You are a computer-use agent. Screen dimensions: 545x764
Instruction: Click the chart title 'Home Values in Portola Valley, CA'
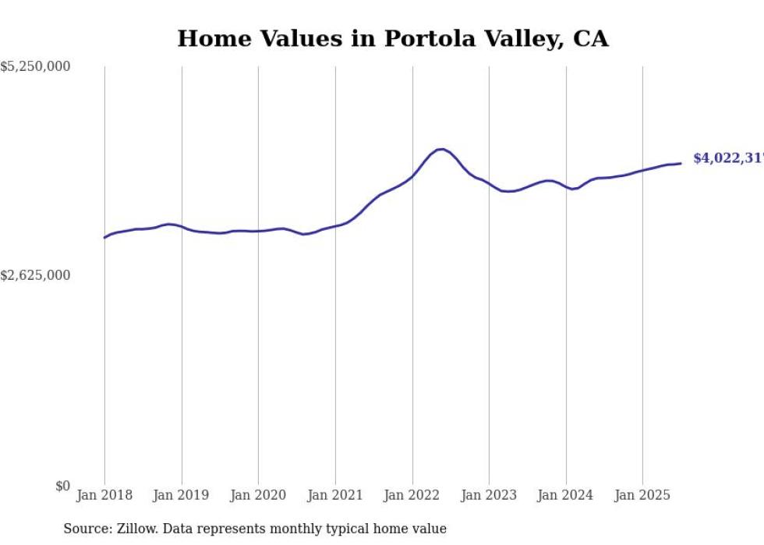392,38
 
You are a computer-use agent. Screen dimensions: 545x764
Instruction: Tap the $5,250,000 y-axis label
35,68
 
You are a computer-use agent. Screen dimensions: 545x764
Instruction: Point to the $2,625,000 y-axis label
35,275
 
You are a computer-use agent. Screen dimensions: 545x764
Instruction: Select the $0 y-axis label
62,486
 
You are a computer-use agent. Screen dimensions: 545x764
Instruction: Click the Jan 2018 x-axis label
104,495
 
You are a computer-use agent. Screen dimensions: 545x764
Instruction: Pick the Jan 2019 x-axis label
181,495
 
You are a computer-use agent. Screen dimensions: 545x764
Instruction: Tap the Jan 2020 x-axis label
258,495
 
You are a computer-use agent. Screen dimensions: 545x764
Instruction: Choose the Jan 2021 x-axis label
335,495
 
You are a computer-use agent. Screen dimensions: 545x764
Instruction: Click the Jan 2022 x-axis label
412,495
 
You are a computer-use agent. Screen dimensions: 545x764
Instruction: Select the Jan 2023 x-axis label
489,495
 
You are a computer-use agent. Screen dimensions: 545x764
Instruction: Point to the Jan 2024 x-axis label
565,495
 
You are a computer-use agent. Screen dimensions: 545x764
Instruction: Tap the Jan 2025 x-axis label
642,495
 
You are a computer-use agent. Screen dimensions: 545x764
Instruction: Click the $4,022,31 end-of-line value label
727,158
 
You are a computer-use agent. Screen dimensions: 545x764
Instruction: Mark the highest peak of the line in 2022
441,149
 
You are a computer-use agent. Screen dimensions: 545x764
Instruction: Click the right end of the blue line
681,163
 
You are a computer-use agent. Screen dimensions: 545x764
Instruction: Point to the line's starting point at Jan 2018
104,238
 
